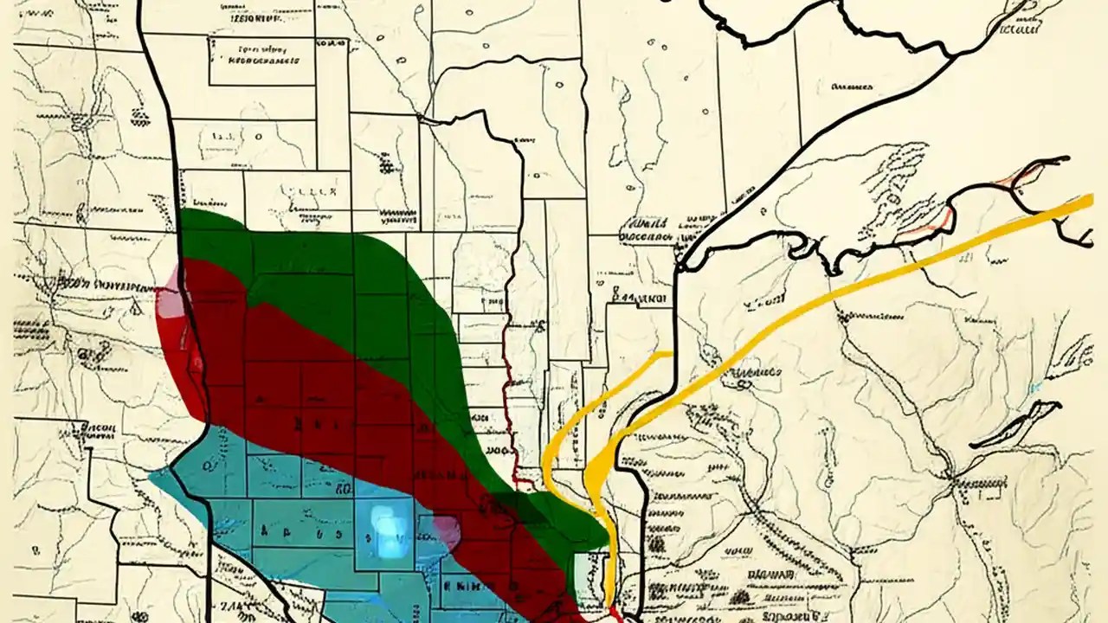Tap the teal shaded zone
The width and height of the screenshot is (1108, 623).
coord(260,519)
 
